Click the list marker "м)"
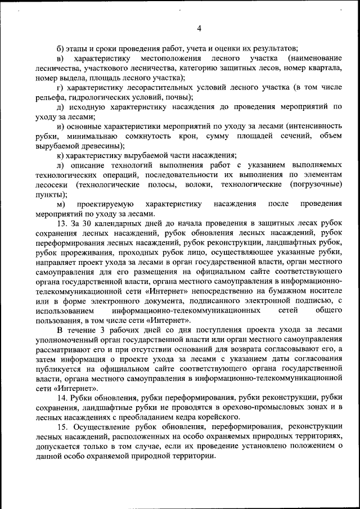click(x=61, y=204)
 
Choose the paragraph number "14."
click(x=63, y=397)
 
